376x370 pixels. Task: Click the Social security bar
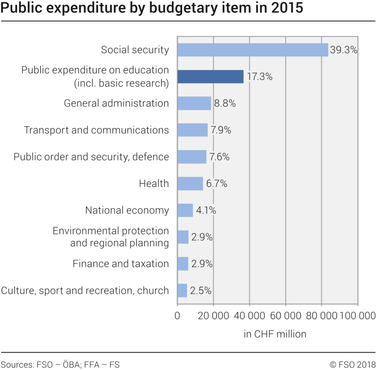pos(252,50)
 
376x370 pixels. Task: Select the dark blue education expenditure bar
pos(210,76)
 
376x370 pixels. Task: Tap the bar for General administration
pos(194,103)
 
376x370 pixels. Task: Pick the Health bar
pos(190,184)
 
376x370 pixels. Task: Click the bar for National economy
pos(185,211)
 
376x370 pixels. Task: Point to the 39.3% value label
pos(344,50)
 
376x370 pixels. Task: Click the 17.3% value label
pos(259,77)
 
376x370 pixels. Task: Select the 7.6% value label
pos(219,157)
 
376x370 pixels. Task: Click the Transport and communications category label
pos(96,130)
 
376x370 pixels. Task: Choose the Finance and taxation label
pos(121,264)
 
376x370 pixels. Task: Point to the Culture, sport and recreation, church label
pos(85,291)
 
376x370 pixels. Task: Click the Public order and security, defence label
pos(91,157)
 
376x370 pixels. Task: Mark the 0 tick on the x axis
pos(177,316)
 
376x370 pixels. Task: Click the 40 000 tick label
pos(249,316)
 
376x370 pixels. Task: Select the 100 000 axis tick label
pos(352,316)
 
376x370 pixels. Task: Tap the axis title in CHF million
pos(275,334)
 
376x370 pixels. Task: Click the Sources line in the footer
pos(60,365)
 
